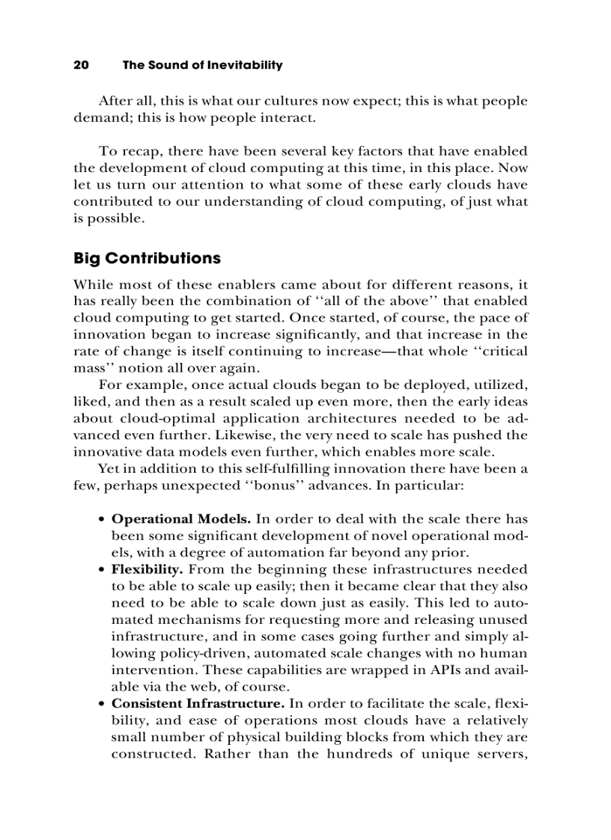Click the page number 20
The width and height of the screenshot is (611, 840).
click(82, 65)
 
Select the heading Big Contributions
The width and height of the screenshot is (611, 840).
click(147, 258)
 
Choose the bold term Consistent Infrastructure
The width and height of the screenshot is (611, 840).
click(198, 704)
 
